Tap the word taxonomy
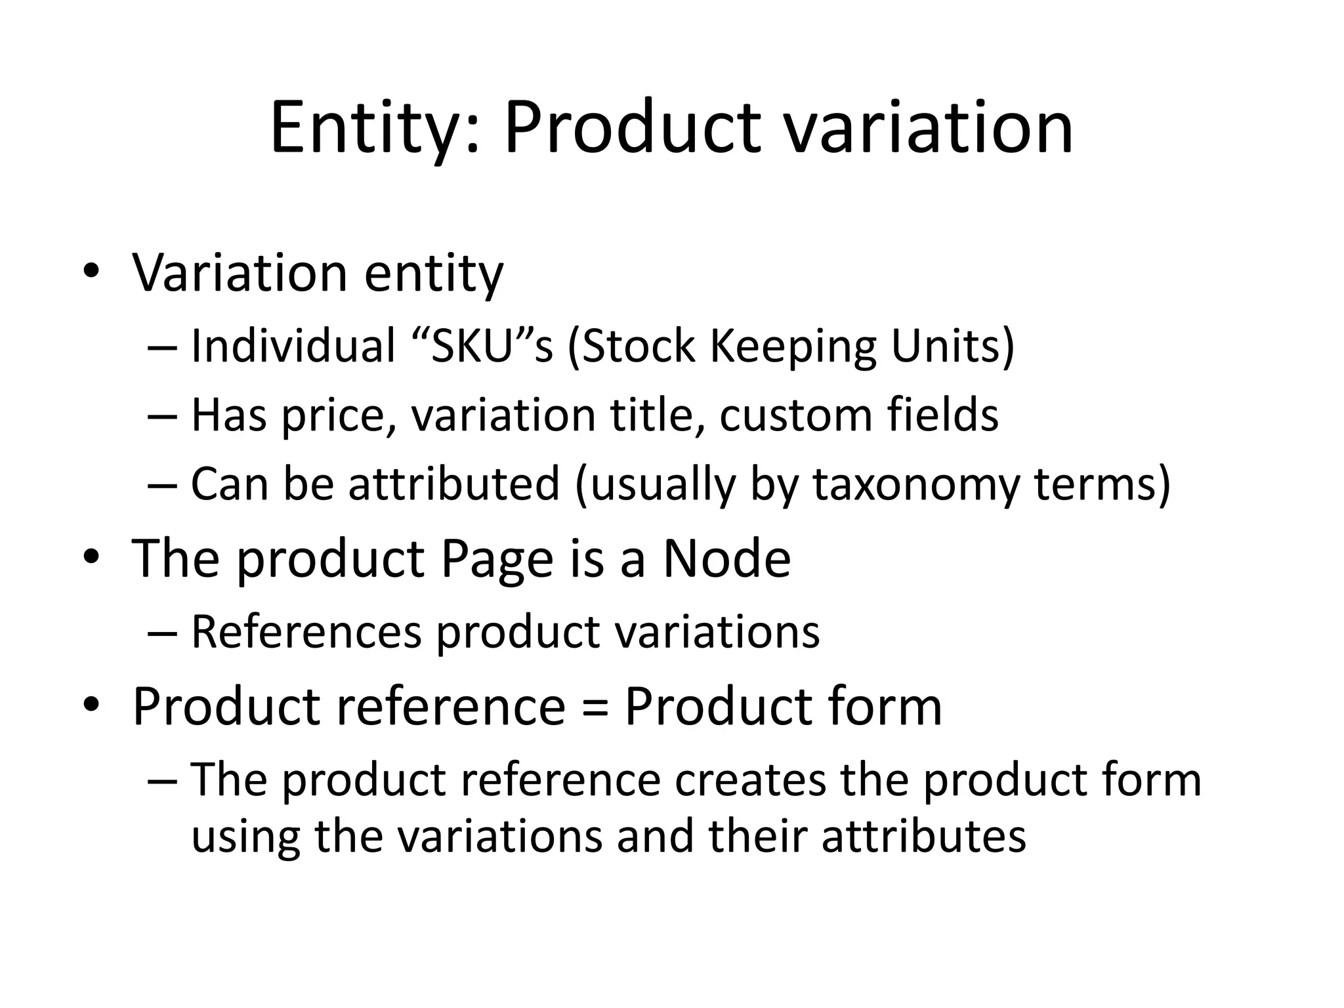coord(916,485)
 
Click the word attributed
coord(453,484)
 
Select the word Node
coord(726,558)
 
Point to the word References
coord(306,632)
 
